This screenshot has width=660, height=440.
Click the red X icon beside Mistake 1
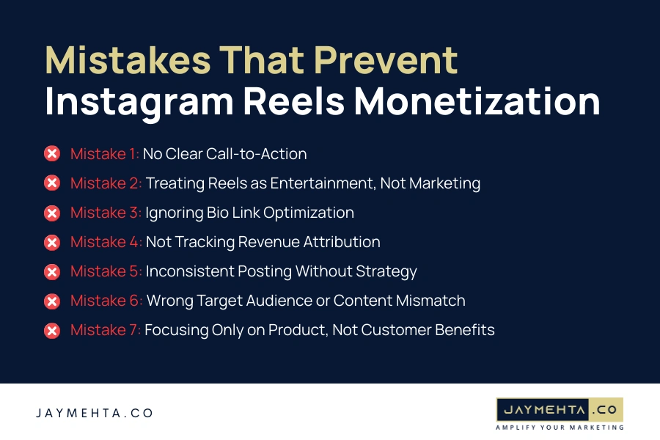tap(52, 154)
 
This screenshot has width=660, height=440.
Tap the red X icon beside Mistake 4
tap(52, 242)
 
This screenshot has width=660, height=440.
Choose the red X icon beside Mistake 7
tap(52, 330)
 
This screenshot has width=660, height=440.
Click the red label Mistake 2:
tap(106, 183)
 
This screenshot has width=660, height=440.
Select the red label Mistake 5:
tap(106, 271)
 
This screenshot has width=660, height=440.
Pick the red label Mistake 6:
tap(106, 301)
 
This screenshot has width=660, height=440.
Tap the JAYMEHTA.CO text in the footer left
tap(95, 414)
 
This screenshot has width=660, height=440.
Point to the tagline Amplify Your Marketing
tap(560, 427)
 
